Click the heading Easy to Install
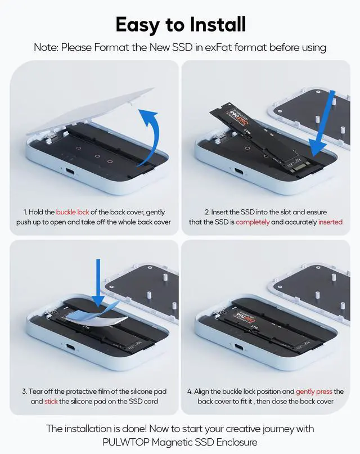point(180,24)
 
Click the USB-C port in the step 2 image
point(240,173)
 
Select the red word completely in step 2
point(253,222)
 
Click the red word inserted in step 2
point(330,222)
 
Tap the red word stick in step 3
point(51,401)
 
